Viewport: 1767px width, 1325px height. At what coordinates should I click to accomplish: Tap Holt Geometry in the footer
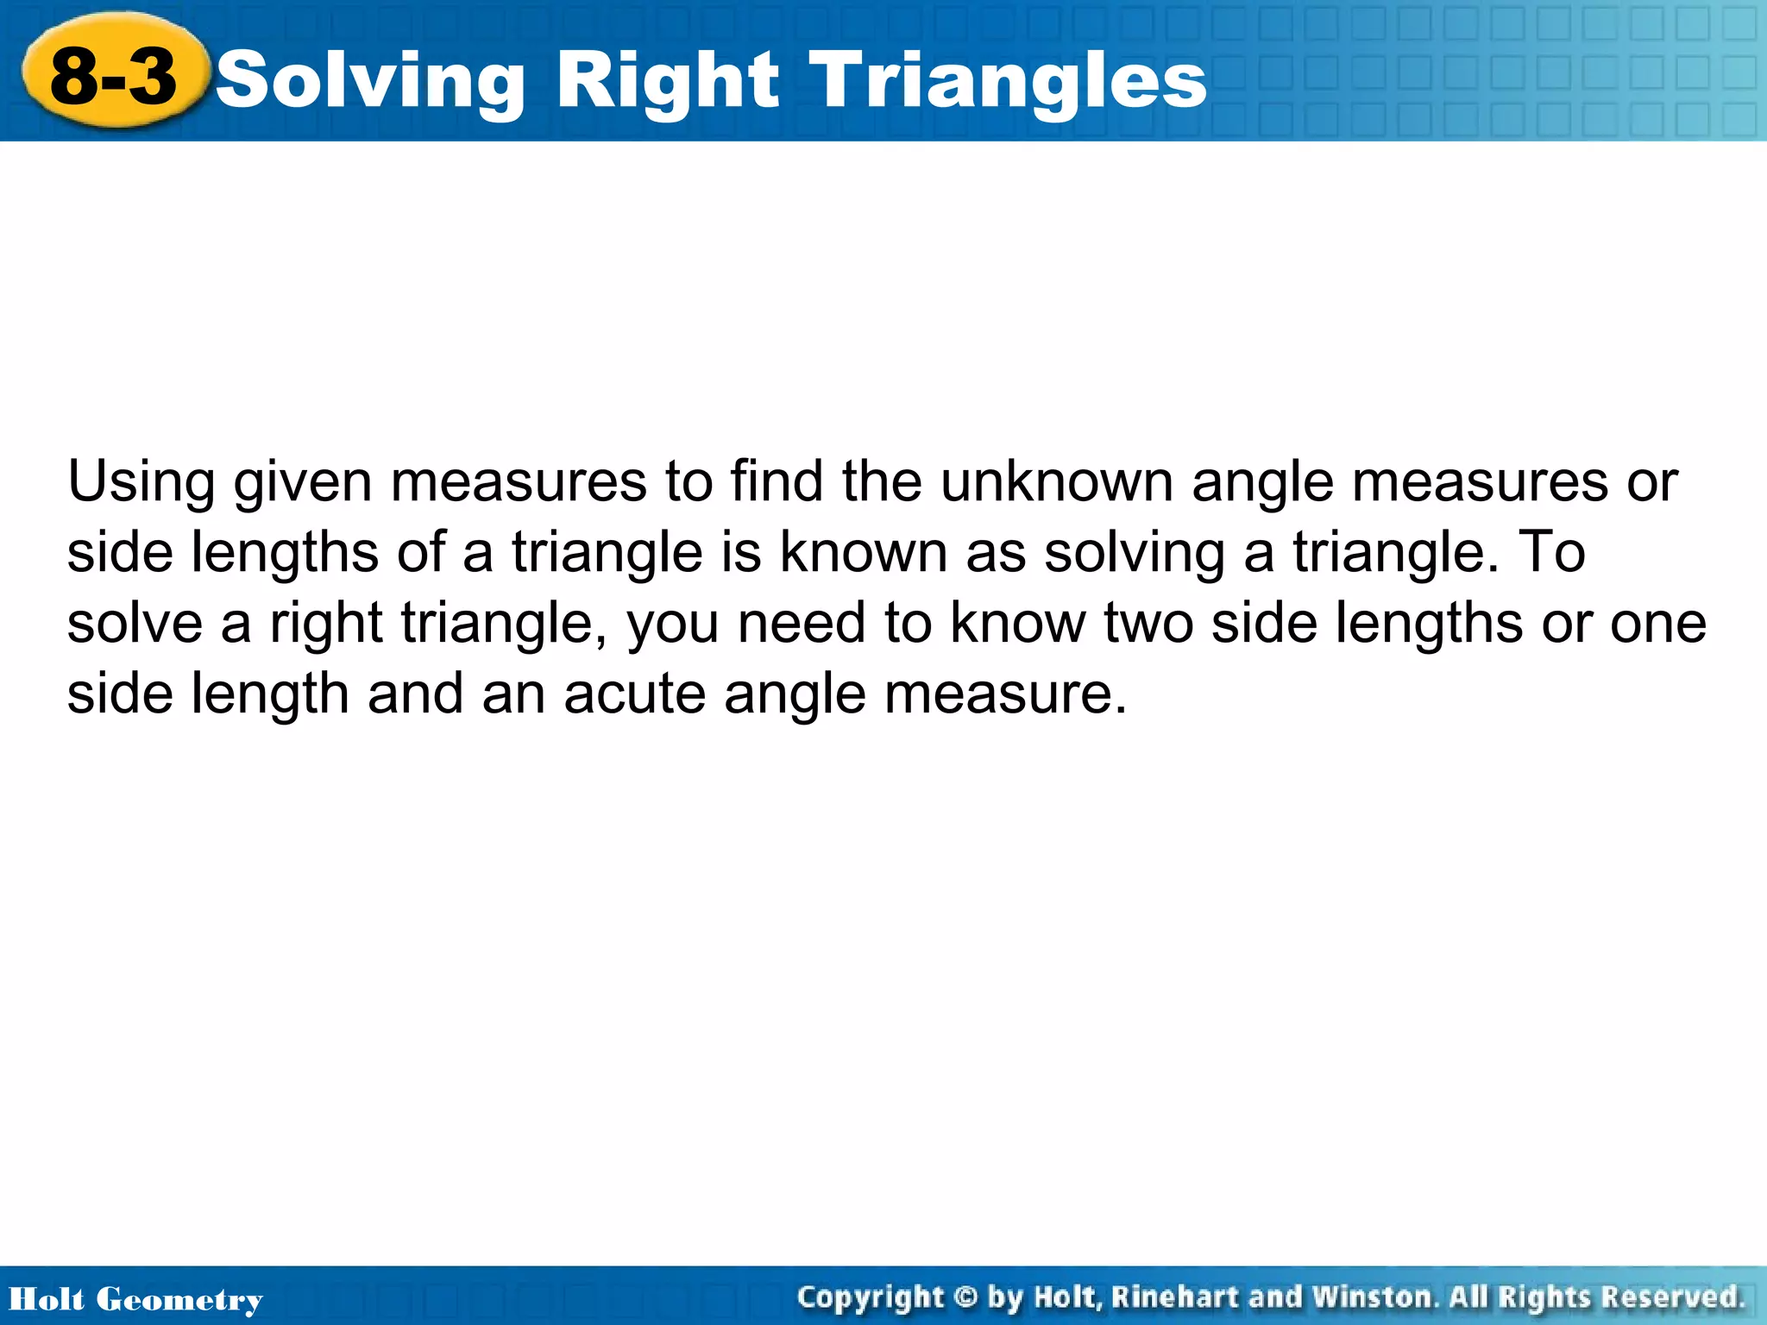(135, 1299)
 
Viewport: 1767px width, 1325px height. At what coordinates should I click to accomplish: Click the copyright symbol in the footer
(967, 1297)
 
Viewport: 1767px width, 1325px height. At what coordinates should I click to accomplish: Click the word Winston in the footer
(1374, 1297)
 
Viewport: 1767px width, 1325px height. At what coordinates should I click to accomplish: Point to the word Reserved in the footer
(1673, 1297)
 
